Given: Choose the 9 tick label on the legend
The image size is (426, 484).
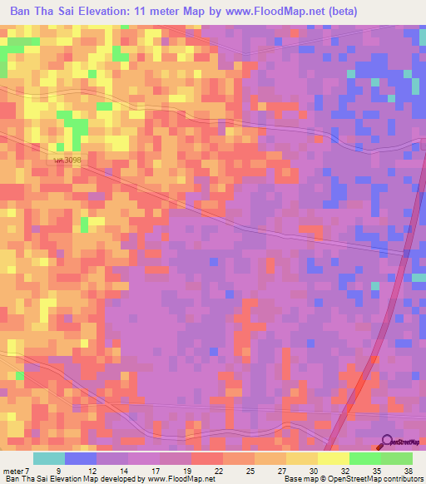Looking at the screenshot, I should pyautogui.click(x=58, y=470).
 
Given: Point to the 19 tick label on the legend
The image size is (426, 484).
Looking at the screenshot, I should pyautogui.click(x=186, y=470).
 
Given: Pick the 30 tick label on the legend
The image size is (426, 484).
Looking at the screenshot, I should pyautogui.click(x=313, y=470).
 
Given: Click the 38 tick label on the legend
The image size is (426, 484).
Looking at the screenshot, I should pyautogui.click(x=409, y=470).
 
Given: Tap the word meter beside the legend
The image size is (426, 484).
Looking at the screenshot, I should pyautogui.click(x=12, y=470).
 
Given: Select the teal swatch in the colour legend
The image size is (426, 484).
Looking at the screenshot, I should pyautogui.click(x=49, y=458).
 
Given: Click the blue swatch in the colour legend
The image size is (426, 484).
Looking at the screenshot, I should pyautogui.click(x=81, y=458).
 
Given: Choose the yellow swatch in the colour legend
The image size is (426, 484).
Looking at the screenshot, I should pyautogui.click(x=334, y=458).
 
